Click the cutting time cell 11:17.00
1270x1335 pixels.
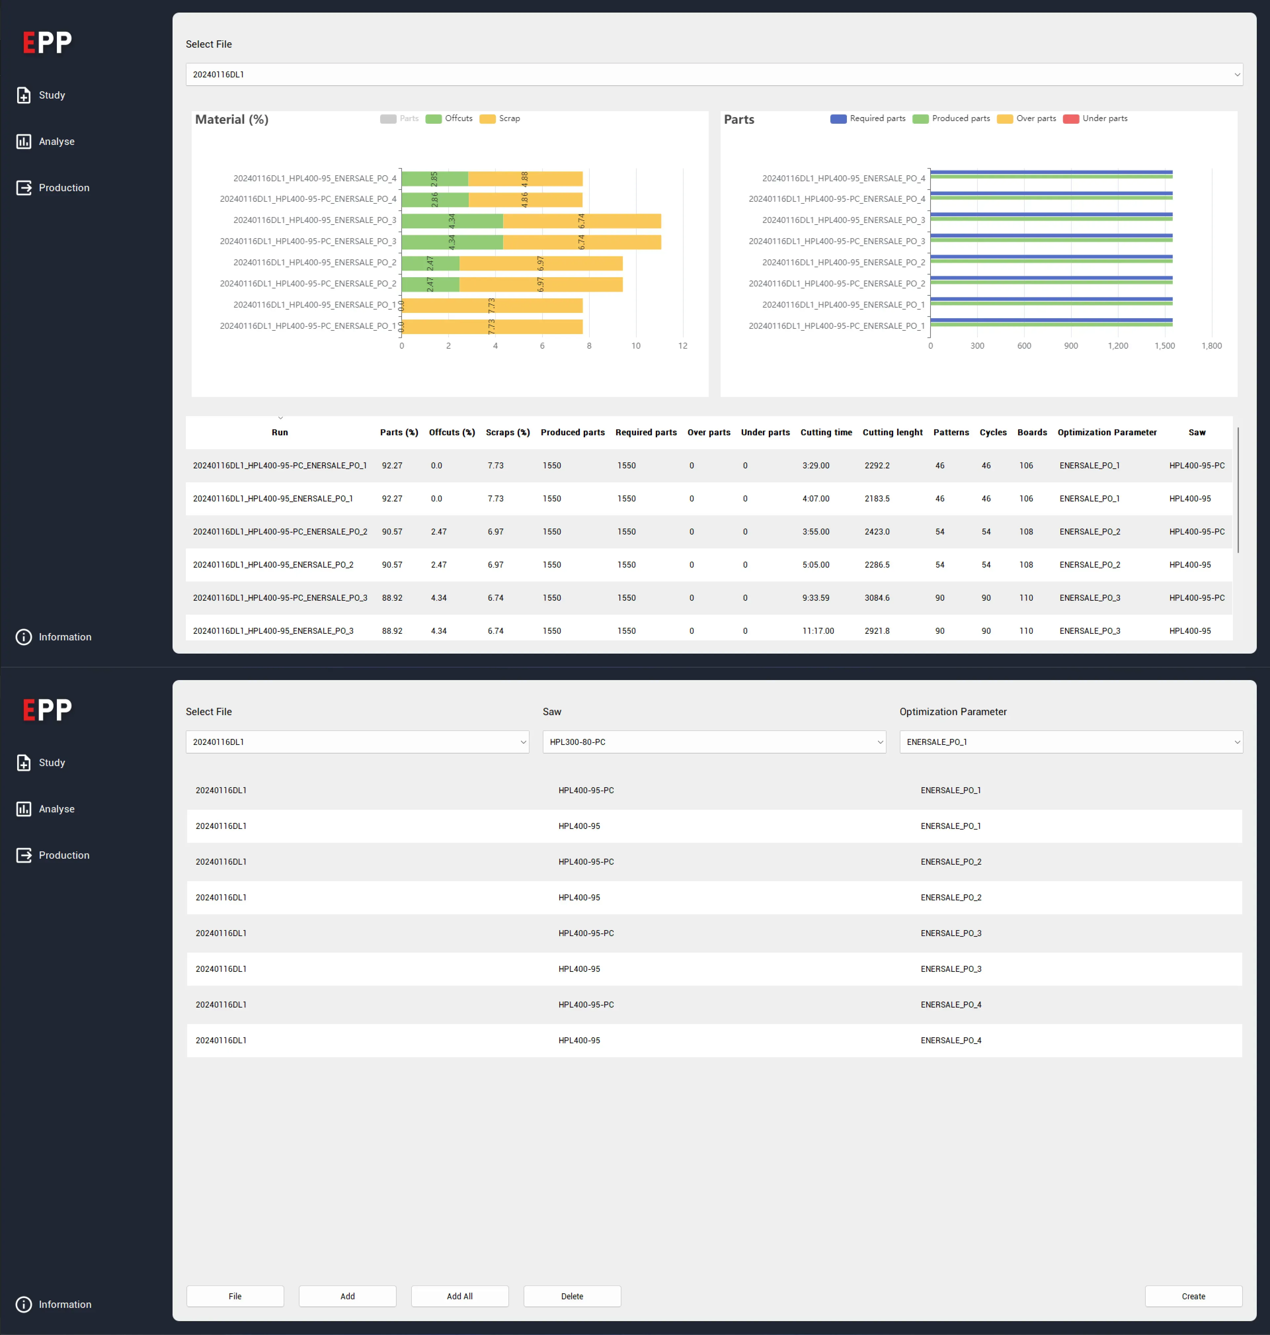(x=818, y=630)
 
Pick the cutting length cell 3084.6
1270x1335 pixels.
(x=877, y=597)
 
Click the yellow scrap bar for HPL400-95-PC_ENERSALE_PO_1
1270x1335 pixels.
(x=492, y=326)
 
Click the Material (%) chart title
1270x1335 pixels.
(x=231, y=119)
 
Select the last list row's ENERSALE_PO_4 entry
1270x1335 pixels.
(x=950, y=1040)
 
